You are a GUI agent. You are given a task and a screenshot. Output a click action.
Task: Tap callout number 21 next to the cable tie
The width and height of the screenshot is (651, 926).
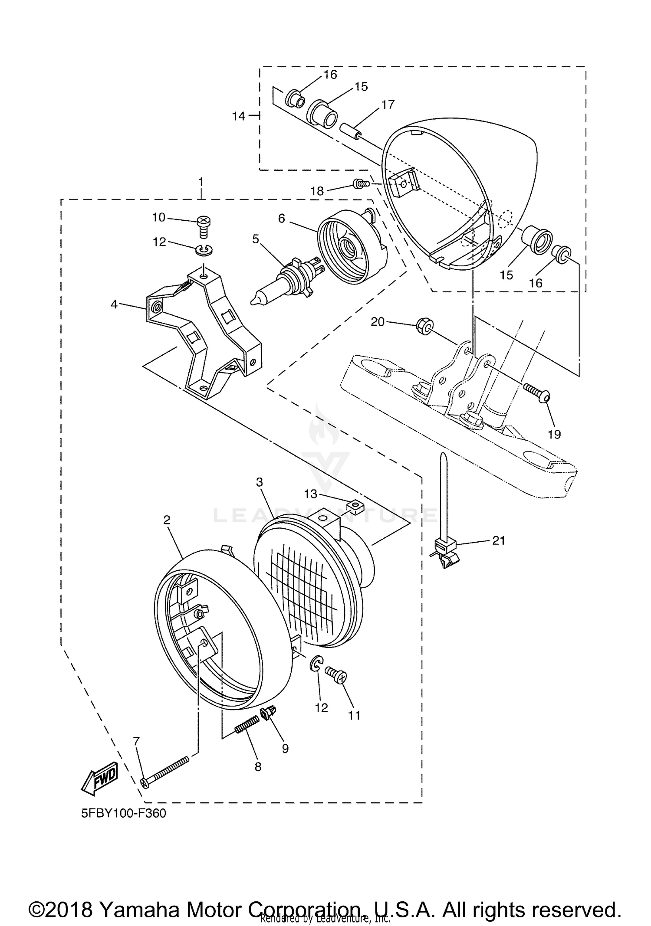pyautogui.click(x=498, y=540)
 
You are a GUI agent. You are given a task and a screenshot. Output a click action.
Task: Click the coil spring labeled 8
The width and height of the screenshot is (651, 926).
pyautogui.click(x=247, y=725)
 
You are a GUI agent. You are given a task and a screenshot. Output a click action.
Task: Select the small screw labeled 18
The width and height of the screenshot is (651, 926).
pyautogui.click(x=362, y=184)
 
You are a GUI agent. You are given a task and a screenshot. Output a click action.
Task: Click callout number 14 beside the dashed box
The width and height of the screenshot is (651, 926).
pyautogui.click(x=238, y=116)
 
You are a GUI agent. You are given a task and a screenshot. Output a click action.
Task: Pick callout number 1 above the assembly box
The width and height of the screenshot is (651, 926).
pyautogui.click(x=201, y=181)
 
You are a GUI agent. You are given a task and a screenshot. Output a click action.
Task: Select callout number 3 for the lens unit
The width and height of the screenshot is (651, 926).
pyautogui.click(x=260, y=482)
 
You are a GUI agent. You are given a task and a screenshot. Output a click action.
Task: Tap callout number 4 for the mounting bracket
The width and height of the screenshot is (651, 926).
pyautogui.click(x=114, y=304)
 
